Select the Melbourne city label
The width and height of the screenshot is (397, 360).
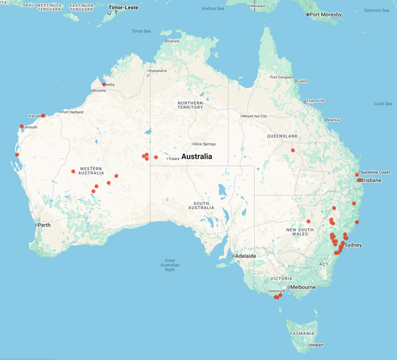[x=303, y=287]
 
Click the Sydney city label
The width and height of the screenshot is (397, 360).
[x=353, y=245]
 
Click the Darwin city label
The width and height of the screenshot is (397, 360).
[x=173, y=41]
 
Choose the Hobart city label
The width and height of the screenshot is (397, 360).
[x=317, y=345]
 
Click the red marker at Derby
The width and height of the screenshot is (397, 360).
[x=104, y=84]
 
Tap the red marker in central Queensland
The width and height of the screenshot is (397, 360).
[x=293, y=150]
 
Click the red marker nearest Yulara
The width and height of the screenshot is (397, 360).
[x=156, y=157]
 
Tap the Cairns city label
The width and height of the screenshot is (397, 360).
[x=302, y=81]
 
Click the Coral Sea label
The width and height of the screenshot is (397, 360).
[x=382, y=103]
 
